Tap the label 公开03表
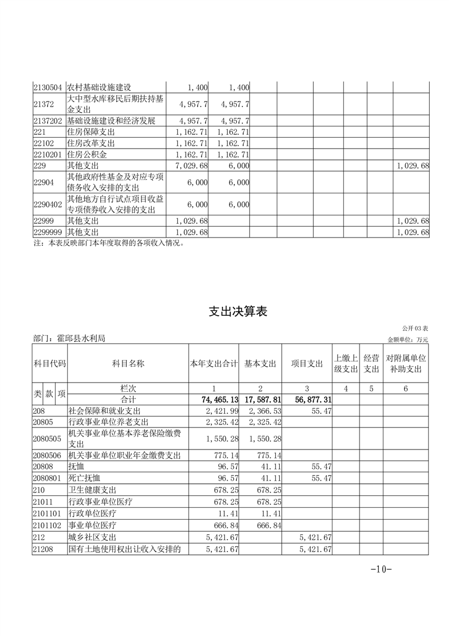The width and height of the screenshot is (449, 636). pos(415,329)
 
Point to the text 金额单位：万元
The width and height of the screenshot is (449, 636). pos(408,340)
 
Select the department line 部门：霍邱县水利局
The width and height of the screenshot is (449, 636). pos(70,338)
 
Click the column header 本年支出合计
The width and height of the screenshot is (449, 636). pos(213,364)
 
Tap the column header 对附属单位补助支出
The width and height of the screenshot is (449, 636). pos(406,363)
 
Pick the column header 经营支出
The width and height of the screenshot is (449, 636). pos(371,363)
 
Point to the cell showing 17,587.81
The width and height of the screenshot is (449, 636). pos(263,400)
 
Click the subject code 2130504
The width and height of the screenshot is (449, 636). pos(49,87)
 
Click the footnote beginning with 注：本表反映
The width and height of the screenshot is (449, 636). pos(109,244)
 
